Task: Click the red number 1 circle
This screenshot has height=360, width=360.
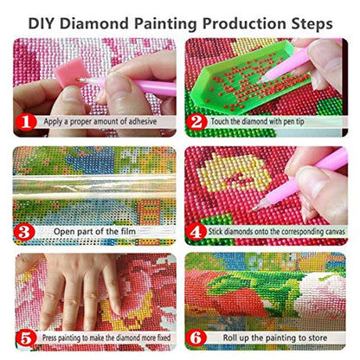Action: pyautogui.click(x=27, y=121)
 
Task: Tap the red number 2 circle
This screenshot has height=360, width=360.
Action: pyautogui.click(x=198, y=121)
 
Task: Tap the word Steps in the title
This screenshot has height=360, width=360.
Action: pyautogui.click(x=314, y=18)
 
